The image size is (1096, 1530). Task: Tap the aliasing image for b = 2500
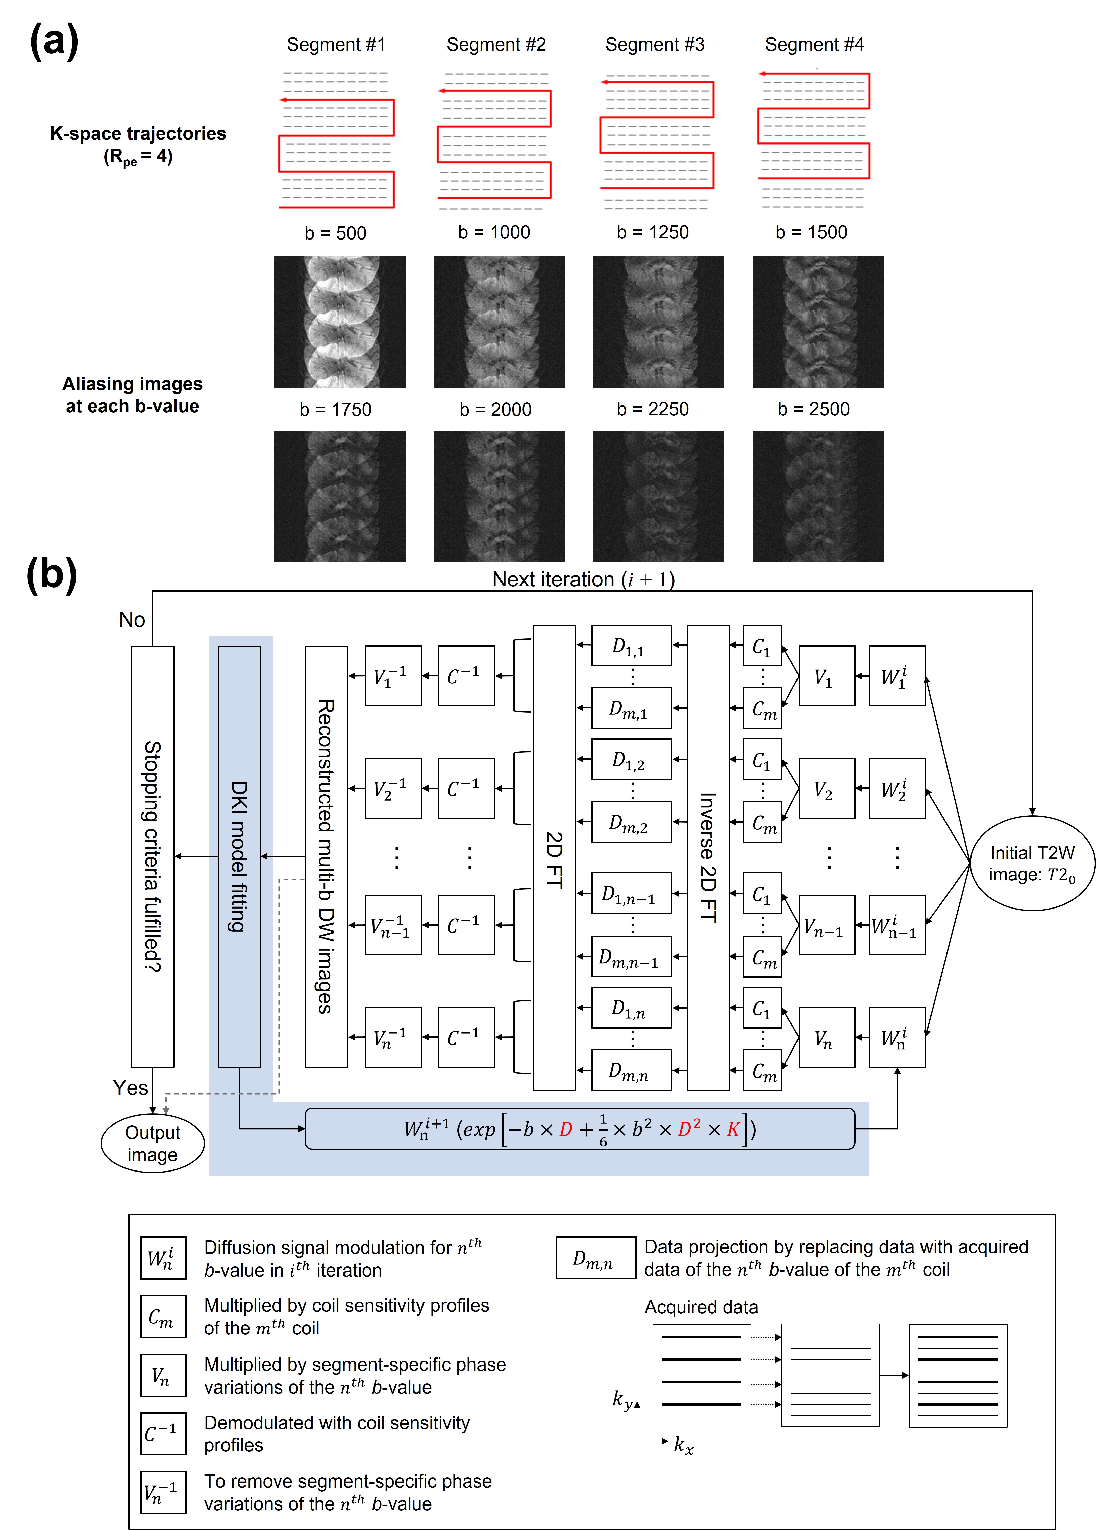point(817,496)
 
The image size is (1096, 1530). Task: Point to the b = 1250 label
point(652,232)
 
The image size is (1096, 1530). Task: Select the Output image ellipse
point(153,1143)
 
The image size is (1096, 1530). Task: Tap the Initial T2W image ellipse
point(1032,864)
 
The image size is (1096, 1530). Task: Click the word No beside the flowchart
point(132,619)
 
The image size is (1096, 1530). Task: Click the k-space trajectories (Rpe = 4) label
point(138,144)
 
